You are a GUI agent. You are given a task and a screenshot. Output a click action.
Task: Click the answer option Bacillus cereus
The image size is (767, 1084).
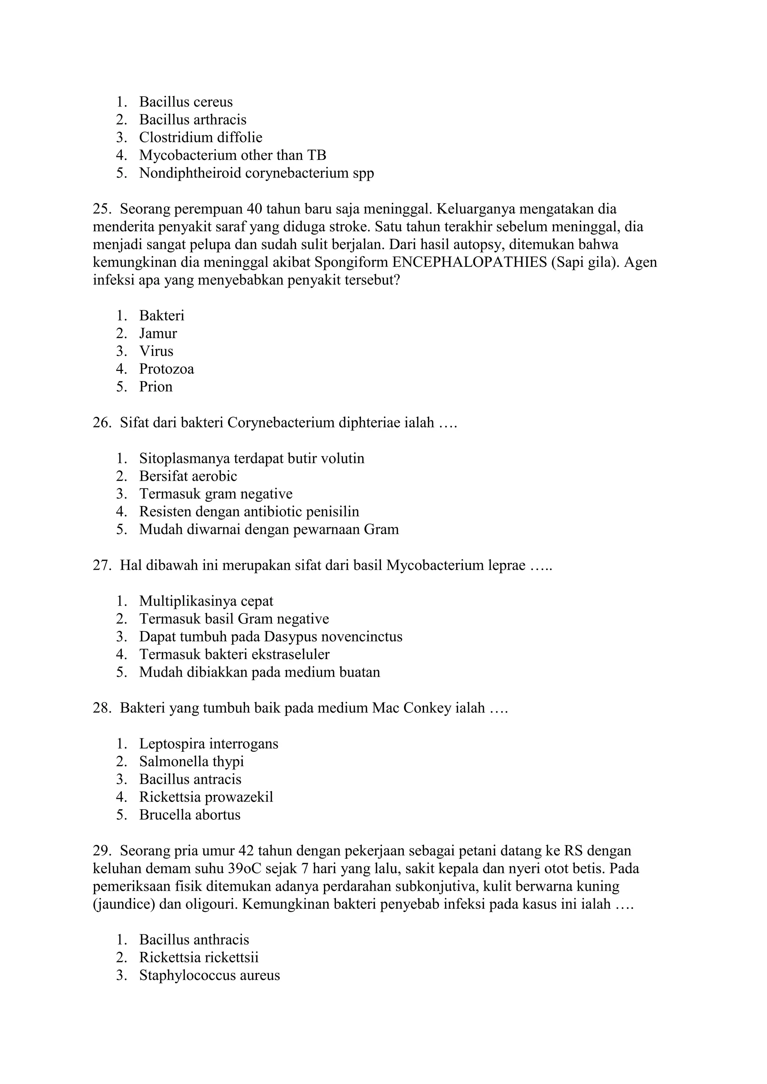(186, 102)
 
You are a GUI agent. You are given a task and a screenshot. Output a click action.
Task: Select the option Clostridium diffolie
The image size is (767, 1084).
(200, 137)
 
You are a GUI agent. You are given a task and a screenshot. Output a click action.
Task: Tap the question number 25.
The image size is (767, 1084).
(101, 209)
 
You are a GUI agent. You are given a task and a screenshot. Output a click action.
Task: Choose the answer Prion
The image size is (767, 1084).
(155, 387)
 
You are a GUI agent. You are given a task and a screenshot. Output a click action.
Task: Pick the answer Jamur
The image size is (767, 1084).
(158, 333)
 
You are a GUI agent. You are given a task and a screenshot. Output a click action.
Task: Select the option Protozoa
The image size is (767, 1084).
(166, 369)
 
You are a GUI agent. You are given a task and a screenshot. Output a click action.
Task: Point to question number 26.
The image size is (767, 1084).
(101, 423)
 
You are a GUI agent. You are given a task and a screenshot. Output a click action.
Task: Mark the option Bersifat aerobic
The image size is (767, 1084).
(188, 476)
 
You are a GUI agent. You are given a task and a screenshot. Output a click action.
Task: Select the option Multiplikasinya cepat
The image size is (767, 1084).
(206, 601)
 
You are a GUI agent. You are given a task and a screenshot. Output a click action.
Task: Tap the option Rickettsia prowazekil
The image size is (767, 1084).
(206, 797)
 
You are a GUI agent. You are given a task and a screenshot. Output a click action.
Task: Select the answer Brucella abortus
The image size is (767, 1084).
(190, 815)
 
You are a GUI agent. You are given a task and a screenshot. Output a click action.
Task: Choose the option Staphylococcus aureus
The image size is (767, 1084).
(209, 975)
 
